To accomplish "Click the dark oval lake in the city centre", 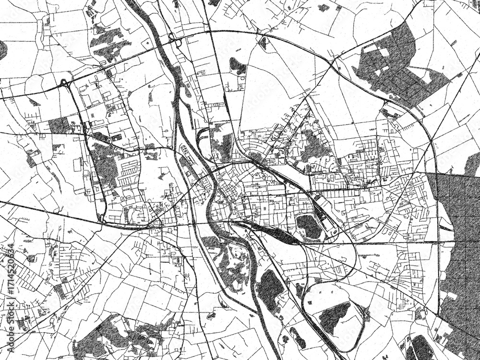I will point(309,226).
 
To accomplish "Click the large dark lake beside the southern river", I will point(270,288).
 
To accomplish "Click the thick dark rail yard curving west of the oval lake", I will point(269,232).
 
